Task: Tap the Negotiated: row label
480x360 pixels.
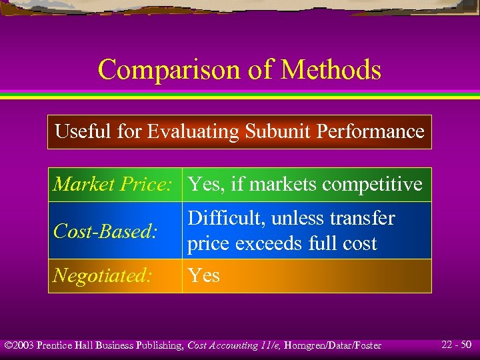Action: [x=103, y=275]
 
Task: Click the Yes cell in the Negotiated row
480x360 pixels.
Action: [x=203, y=275]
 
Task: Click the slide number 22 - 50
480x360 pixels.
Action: [x=457, y=345]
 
